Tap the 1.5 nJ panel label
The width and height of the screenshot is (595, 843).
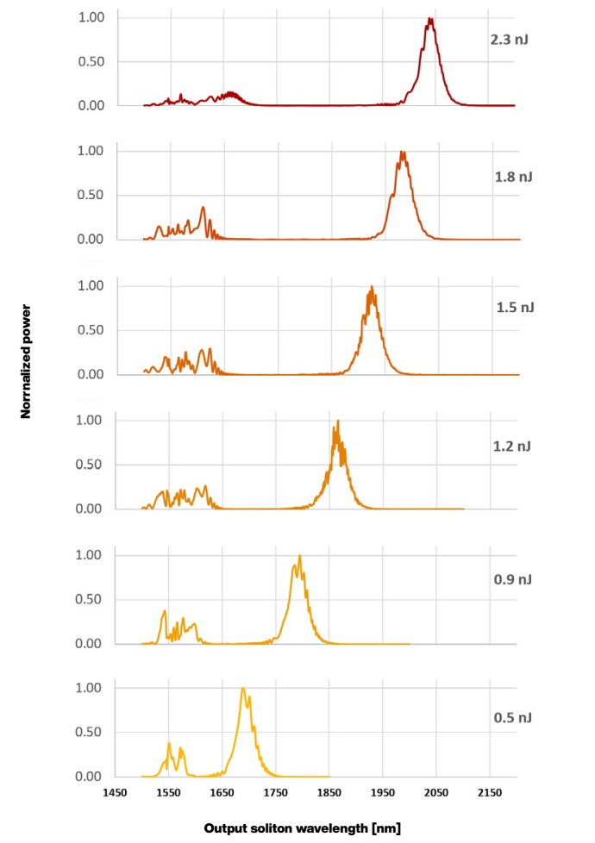(x=515, y=308)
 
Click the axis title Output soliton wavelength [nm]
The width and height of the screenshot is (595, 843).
(x=302, y=828)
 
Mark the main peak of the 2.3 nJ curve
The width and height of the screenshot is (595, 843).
(x=429, y=19)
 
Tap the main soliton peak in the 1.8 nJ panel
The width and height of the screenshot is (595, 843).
(x=402, y=153)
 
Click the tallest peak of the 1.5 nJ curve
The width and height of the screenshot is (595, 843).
(x=372, y=287)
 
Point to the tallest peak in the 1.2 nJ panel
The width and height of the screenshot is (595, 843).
(x=337, y=421)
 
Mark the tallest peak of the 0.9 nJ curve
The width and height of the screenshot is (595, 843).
(x=299, y=556)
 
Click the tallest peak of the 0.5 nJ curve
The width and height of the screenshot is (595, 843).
(x=243, y=689)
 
